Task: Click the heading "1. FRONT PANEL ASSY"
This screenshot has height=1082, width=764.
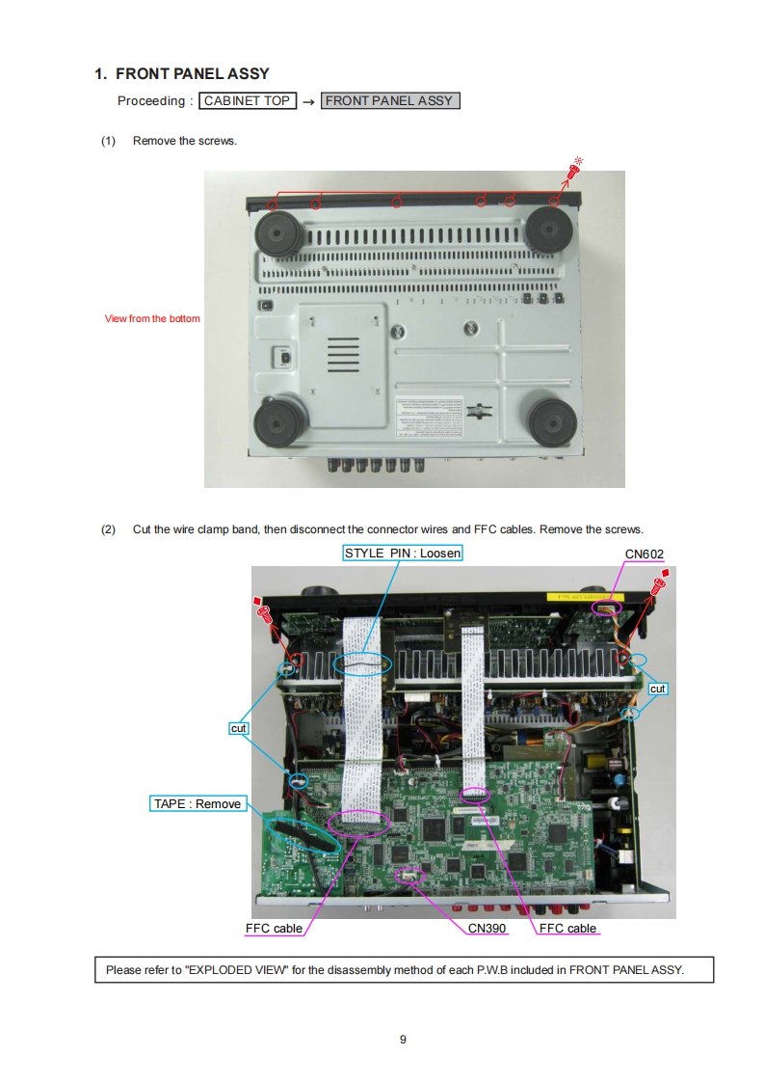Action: pyautogui.click(x=182, y=73)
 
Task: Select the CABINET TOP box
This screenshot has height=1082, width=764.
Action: pyautogui.click(x=248, y=100)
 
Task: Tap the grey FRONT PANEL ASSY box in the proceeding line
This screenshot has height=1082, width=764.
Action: pyautogui.click(x=389, y=100)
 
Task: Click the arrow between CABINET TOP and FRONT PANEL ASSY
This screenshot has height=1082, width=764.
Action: pyautogui.click(x=308, y=101)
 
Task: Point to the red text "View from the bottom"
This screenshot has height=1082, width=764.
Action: pyautogui.click(x=152, y=318)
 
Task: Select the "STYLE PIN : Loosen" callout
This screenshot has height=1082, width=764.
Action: pyautogui.click(x=403, y=553)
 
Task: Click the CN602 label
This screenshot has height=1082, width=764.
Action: pyautogui.click(x=645, y=554)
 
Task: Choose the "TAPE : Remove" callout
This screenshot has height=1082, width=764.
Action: pyautogui.click(x=198, y=803)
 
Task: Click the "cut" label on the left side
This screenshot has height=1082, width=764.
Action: pyautogui.click(x=239, y=728)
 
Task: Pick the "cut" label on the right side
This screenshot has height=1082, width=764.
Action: pyautogui.click(x=658, y=689)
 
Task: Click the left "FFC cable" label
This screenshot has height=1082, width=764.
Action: pyautogui.click(x=275, y=928)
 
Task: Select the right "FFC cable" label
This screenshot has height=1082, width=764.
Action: pyautogui.click(x=567, y=928)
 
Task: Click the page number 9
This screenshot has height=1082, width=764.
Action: pyautogui.click(x=403, y=1039)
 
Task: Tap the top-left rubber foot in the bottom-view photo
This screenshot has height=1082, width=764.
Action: pyautogui.click(x=277, y=232)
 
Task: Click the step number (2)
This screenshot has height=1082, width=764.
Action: pyautogui.click(x=108, y=528)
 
